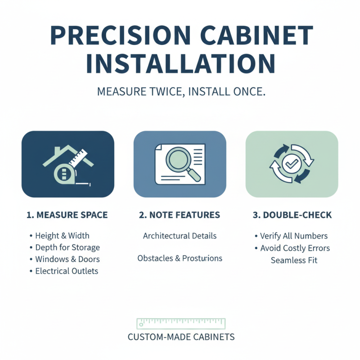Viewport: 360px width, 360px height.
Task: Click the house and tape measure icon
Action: pos(67,164)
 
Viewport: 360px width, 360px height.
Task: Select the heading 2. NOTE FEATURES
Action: pos(180,215)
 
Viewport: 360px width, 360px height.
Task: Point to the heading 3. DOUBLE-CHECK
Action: pos(292,215)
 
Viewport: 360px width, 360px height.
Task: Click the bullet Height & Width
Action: pos(62,236)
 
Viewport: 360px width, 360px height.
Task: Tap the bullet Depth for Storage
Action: pos(67,247)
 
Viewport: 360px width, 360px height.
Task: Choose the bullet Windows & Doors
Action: pos(67,259)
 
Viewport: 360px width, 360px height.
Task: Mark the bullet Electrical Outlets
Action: pos(67,271)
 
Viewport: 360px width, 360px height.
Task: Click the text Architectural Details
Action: pos(180,236)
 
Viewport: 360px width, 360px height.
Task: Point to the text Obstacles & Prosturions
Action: pos(180,258)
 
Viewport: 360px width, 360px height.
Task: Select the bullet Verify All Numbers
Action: pos(294,236)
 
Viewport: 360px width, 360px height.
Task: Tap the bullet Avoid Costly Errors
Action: pos(295,248)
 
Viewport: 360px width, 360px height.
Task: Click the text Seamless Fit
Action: pos(294,260)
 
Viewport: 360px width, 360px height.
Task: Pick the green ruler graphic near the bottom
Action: pos(181,323)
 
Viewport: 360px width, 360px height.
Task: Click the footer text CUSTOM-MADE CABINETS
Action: pos(181,337)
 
